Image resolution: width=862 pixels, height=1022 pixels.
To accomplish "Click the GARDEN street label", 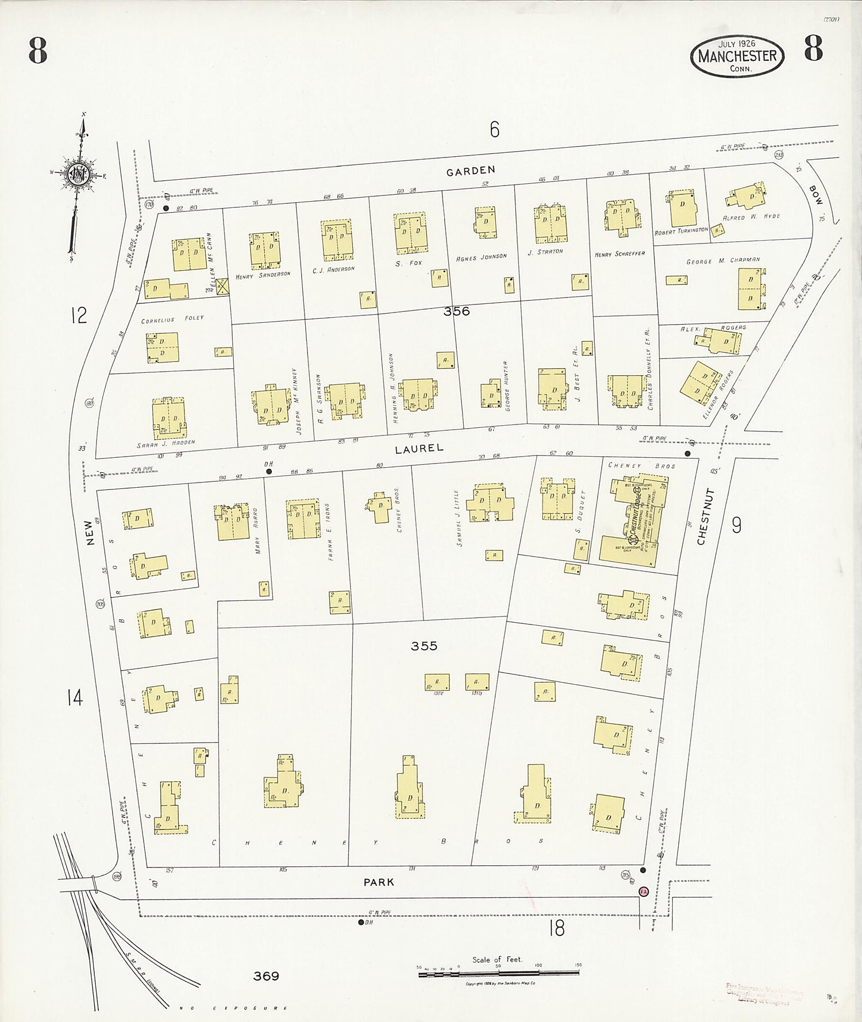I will (x=471, y=170).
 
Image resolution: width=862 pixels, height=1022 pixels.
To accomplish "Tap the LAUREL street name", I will (x=419, y=448).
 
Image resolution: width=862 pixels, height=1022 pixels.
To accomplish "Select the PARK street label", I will (x=379, y=882).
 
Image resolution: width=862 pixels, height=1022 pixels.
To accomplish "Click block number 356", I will (x=456, y=311).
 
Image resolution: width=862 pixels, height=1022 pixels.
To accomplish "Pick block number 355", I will (x=424, y=646).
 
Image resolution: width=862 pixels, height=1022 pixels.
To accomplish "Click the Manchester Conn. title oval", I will (x=737, y=56).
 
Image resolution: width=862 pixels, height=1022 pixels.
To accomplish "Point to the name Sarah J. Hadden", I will (x=166, y=442).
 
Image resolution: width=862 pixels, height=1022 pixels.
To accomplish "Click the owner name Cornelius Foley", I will (x=172, y=319).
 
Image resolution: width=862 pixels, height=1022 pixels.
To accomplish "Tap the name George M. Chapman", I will (x=723, y=261).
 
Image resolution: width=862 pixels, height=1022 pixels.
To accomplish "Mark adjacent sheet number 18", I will (x=556, y=927).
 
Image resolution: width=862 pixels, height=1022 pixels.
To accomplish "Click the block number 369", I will (x=266, y=976).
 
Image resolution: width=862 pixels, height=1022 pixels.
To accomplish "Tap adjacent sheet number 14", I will (x=75, y=698).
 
